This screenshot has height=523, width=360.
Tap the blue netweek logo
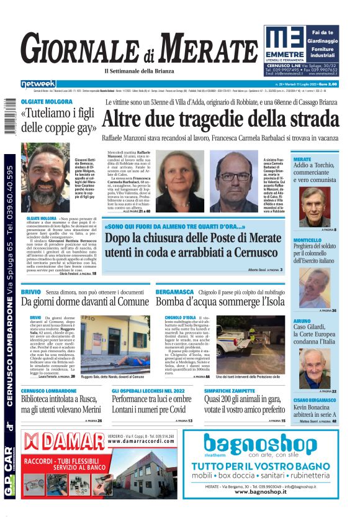(38, 84)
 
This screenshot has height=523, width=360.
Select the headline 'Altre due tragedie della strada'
(220, 119)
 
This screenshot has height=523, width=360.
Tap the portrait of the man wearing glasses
(233, 181)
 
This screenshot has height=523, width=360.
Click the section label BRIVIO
(30, 291)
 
